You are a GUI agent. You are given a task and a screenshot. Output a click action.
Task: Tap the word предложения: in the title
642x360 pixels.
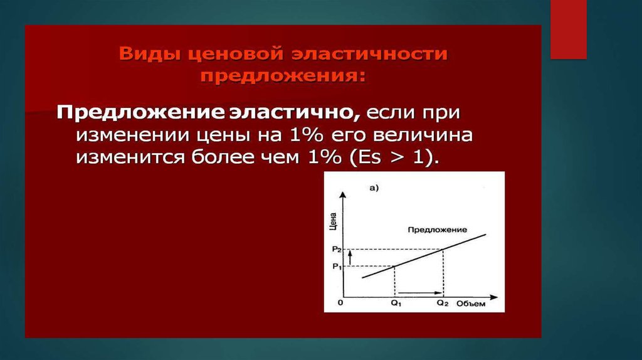click(283, 76)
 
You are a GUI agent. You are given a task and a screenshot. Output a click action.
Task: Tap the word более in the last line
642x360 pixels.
click(225, 157)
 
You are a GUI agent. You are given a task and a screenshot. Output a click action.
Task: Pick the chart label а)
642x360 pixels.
click(374, 188)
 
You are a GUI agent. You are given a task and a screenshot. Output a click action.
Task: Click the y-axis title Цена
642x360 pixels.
click(334, 221)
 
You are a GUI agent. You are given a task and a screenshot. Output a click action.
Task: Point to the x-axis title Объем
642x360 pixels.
click(471, 304)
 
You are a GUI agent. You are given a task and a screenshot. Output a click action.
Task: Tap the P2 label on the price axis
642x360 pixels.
click(337, 249)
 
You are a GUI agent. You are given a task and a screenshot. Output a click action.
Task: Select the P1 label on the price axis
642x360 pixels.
click(337, 267)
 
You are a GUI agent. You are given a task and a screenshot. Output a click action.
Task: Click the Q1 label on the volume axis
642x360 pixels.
click(396, 304)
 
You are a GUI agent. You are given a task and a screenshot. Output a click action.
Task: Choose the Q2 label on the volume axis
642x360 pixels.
click(443, 303)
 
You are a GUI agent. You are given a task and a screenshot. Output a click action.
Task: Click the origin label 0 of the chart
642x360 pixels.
click(340, 303)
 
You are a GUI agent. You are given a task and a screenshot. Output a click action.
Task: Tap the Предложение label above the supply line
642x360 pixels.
click(437, 230)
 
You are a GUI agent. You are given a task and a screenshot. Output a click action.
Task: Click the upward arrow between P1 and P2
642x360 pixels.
click(350, 258)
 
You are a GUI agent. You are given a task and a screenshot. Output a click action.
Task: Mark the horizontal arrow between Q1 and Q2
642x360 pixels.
click(419, 293)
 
